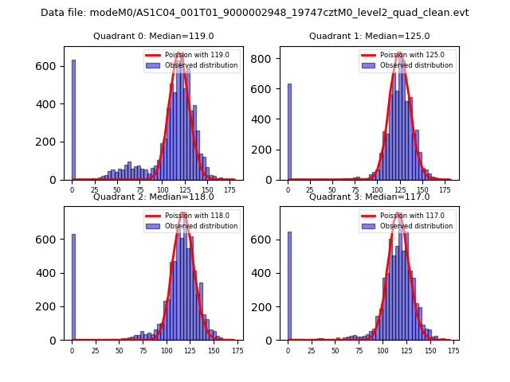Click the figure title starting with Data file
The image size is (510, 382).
[x=254, y=13]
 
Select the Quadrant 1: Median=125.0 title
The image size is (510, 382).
[x=369, y=36]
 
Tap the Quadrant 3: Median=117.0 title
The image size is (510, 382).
[x=369, y=197]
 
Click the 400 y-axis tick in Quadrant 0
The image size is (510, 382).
[x=52, y=103]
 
